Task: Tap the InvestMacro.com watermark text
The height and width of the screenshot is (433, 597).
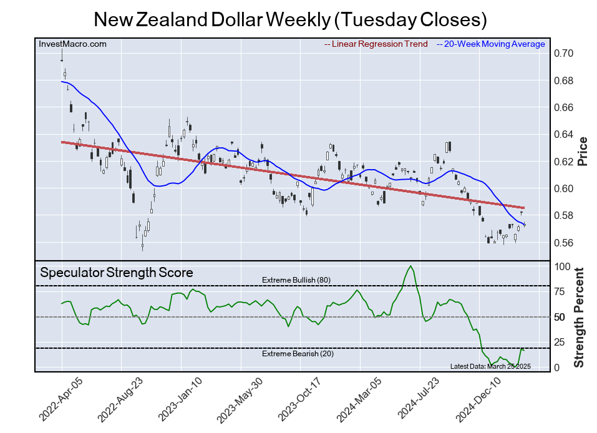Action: click(73, 44)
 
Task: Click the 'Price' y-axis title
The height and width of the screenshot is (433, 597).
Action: click(583, 150)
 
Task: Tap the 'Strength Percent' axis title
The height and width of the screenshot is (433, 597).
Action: click(579, 317)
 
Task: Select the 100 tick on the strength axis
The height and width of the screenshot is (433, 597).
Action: click(563, 266)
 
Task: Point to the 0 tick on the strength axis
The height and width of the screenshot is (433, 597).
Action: click(558, 367)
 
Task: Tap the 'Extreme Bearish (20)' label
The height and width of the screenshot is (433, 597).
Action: click(296, 354)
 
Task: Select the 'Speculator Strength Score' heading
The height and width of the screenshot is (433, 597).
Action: click(117, 273)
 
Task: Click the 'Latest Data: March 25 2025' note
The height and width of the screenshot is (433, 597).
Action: click(490, 366)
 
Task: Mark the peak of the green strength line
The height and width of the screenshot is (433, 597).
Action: click(410, 266)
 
